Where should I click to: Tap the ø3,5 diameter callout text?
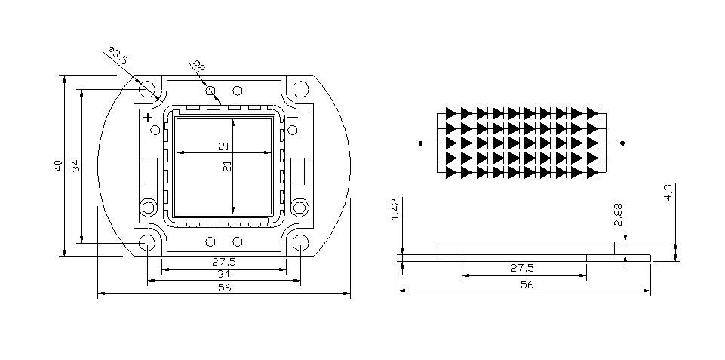(x=116, y=57)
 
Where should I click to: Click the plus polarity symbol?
(x=148, y=117)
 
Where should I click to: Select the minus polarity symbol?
(x=293, y=117)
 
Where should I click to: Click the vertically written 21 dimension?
(x=227, y=168)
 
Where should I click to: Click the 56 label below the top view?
(x=224, y=288)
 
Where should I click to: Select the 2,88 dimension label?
(x=619, y=214)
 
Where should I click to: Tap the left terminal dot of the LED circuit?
(x=421, y=142)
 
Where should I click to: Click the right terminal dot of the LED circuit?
(x=622, y=142)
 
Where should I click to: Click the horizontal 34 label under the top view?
(x=224, y=274)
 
